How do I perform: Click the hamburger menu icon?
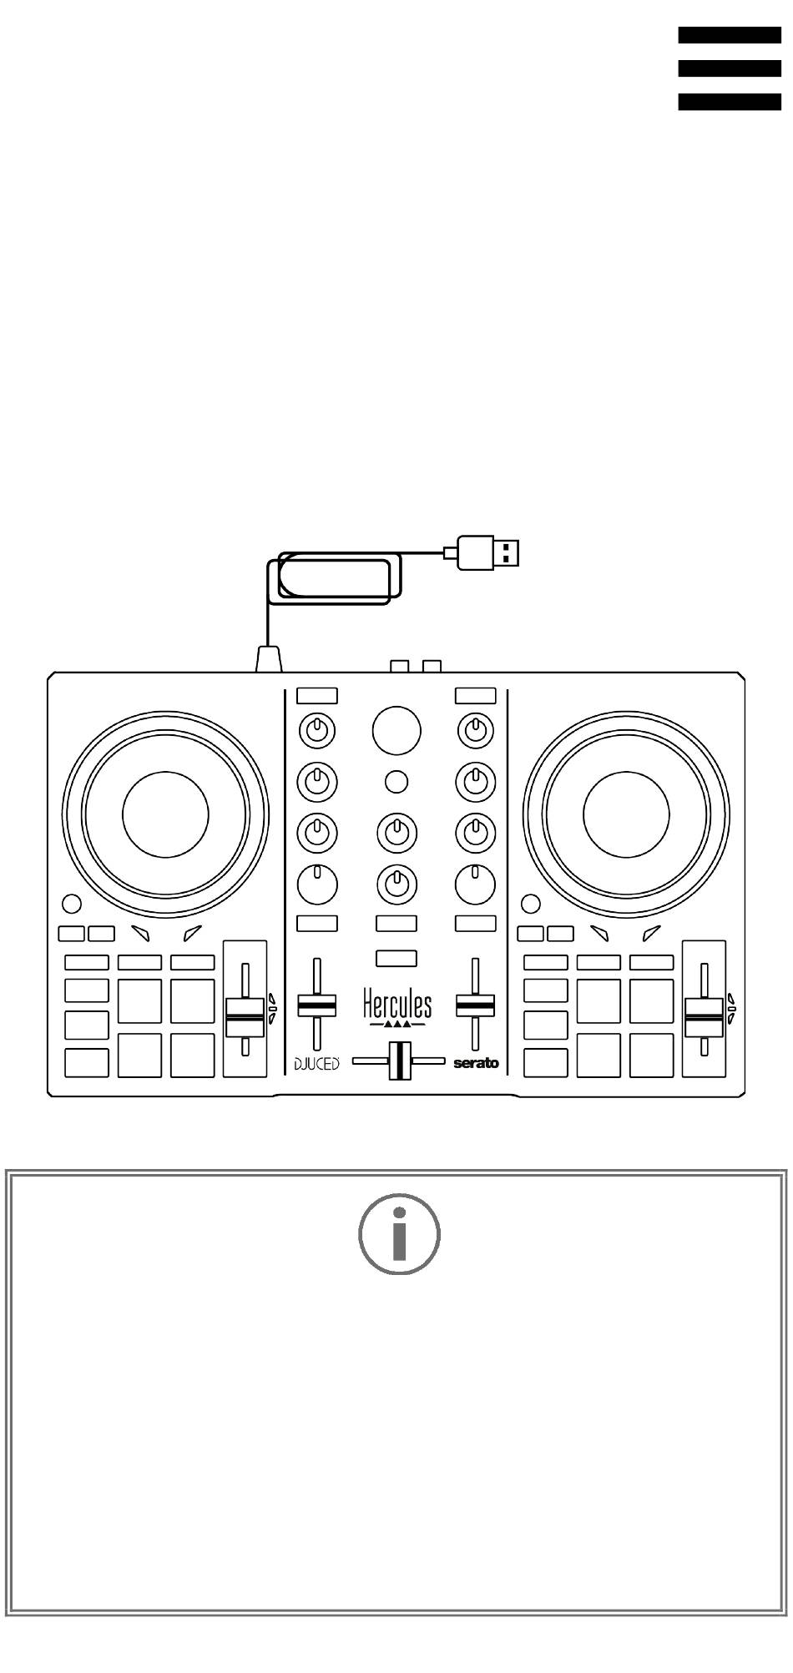tap(729, 68)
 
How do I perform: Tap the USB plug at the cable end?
tap(488, 552)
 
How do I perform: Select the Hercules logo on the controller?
tap(397, 1006)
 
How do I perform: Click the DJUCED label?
tap(316, 1064)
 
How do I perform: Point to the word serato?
tap(476, 1064)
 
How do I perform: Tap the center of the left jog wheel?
tap(165, 814)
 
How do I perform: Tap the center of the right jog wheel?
tap(626, 814)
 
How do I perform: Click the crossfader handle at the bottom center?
tap(399, 1061)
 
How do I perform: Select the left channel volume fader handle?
tap(317, 1005)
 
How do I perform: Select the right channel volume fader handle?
tap(476, 1005)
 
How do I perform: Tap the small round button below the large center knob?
tap(396, 782)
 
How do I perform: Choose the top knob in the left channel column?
tap(317, 731)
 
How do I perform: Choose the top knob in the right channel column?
tap(476, 731)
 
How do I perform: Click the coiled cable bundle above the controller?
tap(334, 577)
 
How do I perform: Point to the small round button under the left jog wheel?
tap(72, 904)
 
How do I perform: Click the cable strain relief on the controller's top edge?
tap(268, 660)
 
